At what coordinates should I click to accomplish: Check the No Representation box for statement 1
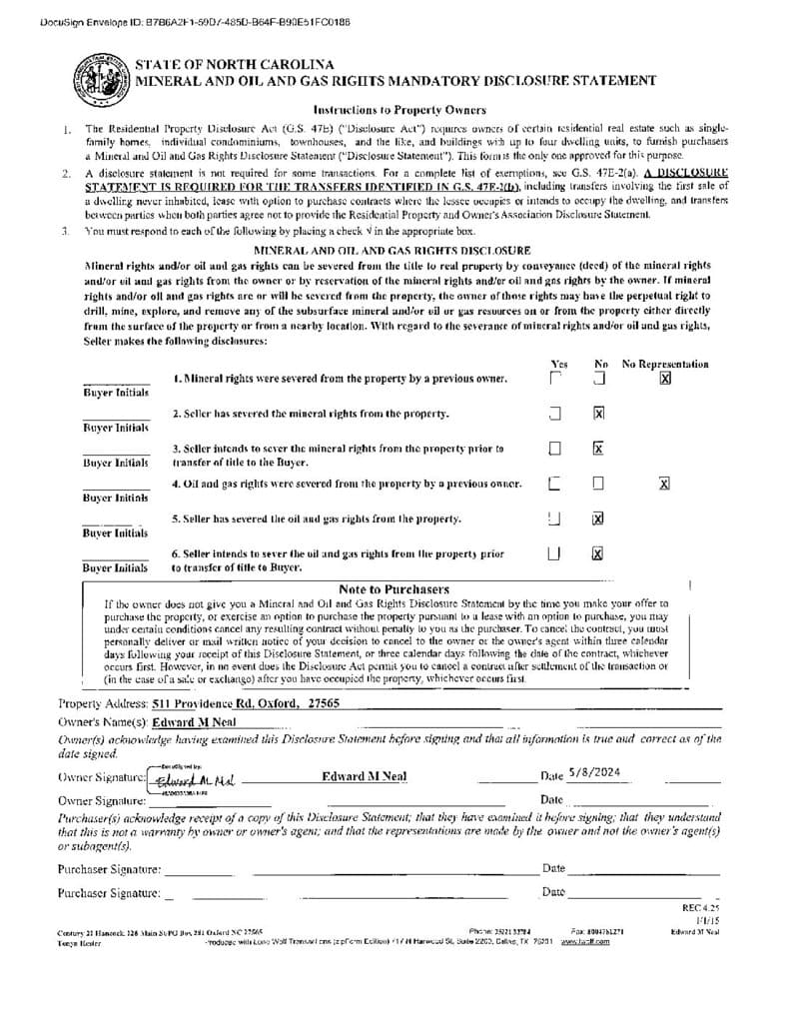tap(664, 379)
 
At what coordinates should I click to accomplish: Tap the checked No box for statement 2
tap(599, 414)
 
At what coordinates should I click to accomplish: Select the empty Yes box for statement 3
tap(555, 449)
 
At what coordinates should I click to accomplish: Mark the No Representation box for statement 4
tap(664, 484)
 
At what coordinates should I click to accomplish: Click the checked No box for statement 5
tap(599, 518)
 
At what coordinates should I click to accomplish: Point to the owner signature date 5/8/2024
tap(595, 772)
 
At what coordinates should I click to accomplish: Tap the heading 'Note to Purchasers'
tap(394, 589)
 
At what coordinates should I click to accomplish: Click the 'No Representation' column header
tap(665, 365)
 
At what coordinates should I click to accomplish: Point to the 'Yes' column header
tap(558, 365)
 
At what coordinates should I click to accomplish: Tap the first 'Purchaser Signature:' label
tap(108, 869)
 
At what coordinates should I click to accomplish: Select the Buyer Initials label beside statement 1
tap(116, 393)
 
